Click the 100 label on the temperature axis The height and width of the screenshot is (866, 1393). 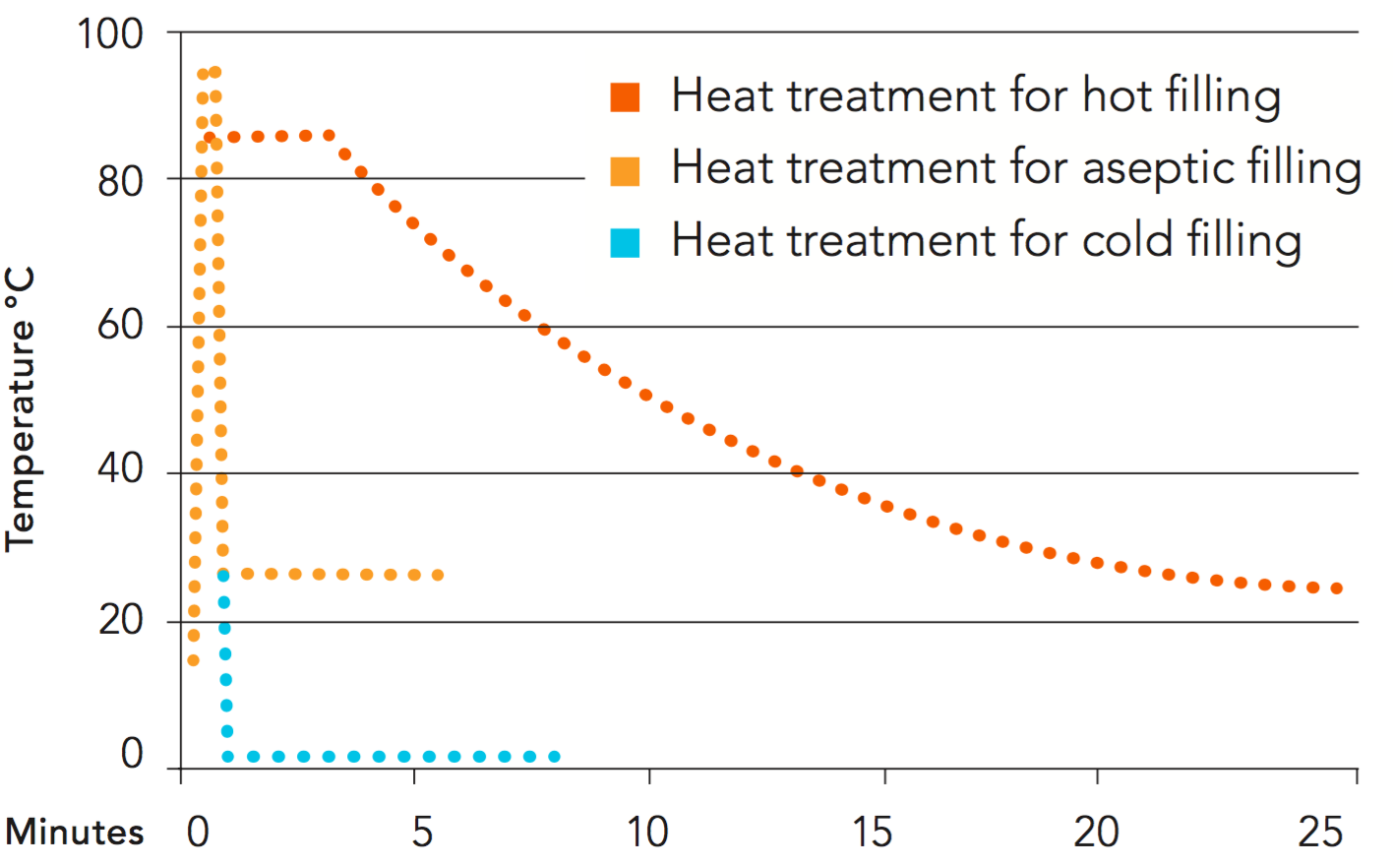click(110, 34)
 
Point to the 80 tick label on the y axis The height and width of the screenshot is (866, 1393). click(120, 182)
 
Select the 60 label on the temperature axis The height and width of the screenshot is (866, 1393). click(120, 326)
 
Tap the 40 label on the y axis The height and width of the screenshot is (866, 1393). click(120, 469)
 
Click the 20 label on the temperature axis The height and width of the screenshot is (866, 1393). click(120, 620)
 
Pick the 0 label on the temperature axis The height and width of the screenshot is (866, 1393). click(132, 754)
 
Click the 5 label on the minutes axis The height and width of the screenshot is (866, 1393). click(422, 833)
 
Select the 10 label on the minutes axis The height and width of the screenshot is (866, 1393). click(647, 833)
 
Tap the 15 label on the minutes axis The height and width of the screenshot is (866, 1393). click(872, 833)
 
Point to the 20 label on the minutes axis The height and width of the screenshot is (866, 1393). click(1096, 833)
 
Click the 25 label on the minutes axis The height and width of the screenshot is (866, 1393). click(1320, 833)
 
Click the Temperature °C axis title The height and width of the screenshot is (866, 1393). click(21, 408)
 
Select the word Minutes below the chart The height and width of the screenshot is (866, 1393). click(75, 833)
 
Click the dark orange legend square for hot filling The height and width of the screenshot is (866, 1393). click(625, 97)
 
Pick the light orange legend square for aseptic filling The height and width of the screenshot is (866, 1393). click(625, 170)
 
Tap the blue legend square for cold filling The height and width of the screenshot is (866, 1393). click(625, 242)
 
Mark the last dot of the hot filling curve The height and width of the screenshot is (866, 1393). click(1337, 588)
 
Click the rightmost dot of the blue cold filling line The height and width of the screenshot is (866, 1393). click(555, 757)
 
